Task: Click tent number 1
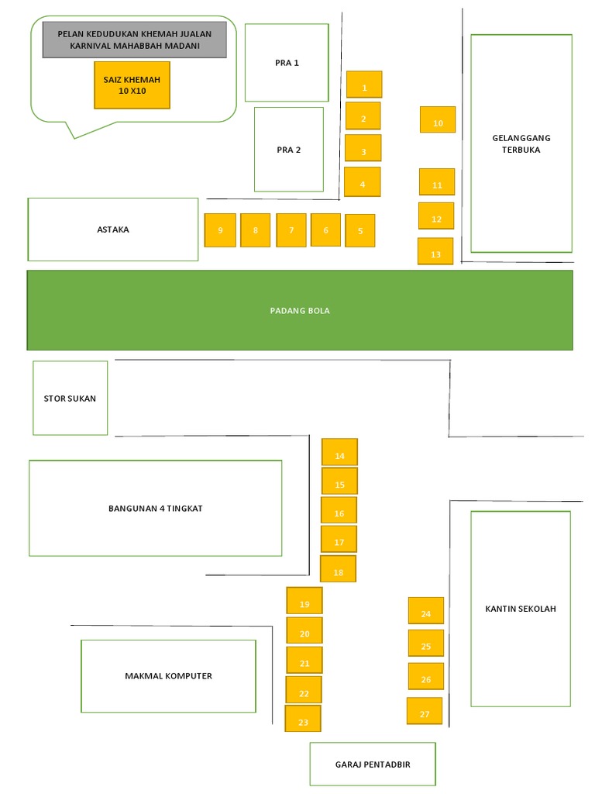pos(364,84)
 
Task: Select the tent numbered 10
pos(438,119)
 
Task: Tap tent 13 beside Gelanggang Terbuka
pos(435,251)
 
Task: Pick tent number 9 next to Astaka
pos(220,230)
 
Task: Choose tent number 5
pos(360,230)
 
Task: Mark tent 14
pos(339,452)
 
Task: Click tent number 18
pos(338,568)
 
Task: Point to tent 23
pos(303,719)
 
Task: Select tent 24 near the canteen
pos(426,611)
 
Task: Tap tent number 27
pos(425,711)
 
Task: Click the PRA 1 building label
pos(287,63)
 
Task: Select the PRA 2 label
pos(288,150)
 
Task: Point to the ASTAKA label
pos(113,230)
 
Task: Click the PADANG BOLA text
pos(300,310)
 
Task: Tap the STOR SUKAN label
pos(70,399)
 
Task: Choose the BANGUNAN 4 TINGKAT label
pos(155,509)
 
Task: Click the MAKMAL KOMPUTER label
pos(168,676)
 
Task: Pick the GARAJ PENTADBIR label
pos(373,765)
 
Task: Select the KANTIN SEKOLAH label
pos(521,609)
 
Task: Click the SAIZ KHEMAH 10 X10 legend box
pos(132,85)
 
